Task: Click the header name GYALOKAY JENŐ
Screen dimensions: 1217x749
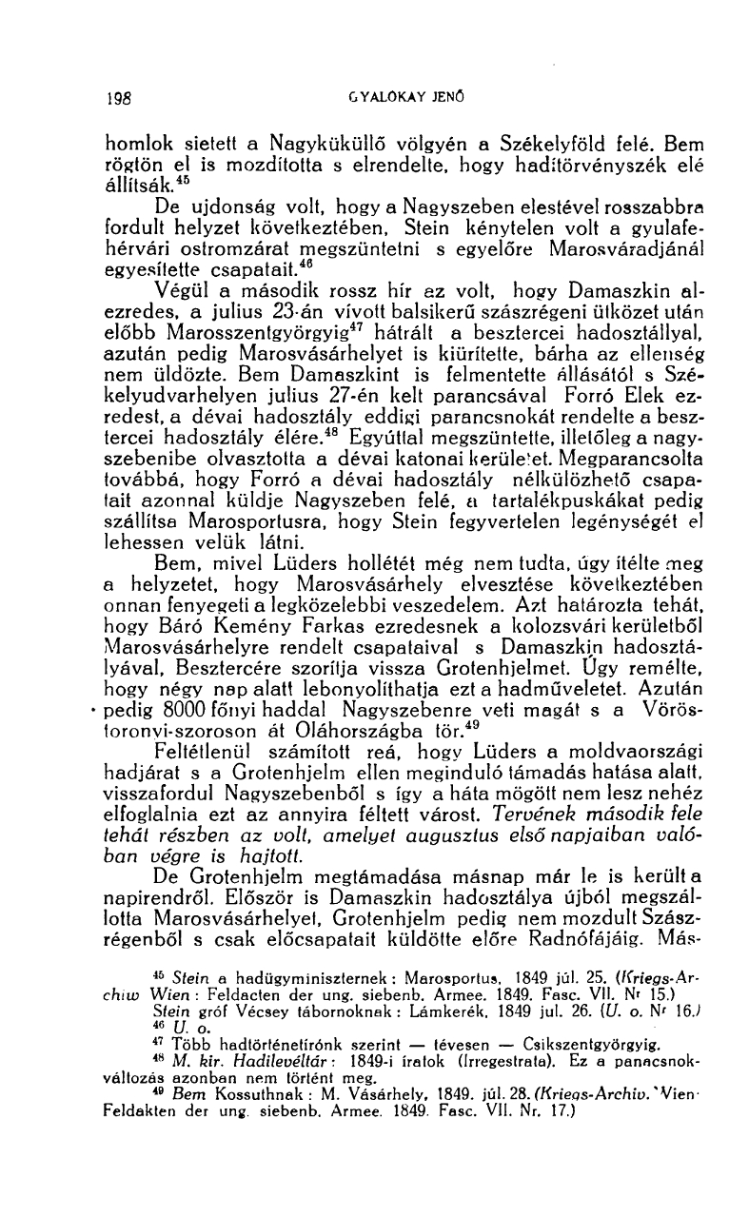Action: click(x=382, y=96)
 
